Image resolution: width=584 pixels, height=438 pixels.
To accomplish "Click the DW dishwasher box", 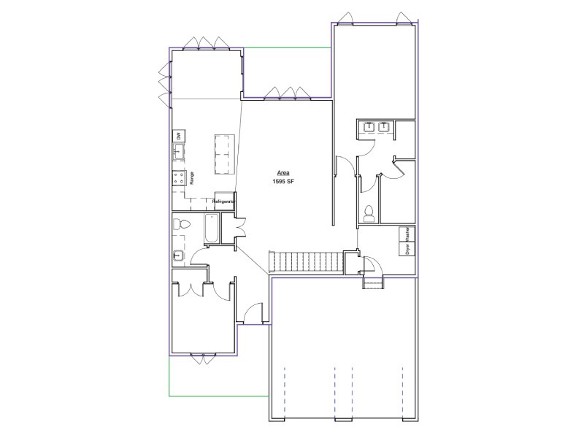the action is pos(179,136).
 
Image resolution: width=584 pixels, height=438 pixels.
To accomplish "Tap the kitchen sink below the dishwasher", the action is pos(178,152).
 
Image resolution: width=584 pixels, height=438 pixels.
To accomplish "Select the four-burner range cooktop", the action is pos(179,177).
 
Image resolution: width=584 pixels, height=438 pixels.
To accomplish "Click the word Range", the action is pos(192,177).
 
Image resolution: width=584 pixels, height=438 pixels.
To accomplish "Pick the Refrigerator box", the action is pos(225,201).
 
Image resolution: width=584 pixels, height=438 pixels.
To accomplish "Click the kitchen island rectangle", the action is pos(225,155).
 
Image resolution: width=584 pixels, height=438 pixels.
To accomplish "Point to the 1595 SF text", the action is pos(283,182).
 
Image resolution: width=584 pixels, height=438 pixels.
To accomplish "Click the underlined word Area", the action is pos(283,173).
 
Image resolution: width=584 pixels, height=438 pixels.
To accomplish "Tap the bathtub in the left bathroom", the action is pos(211,228).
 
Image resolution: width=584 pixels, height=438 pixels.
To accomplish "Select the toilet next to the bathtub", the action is pos(181,224).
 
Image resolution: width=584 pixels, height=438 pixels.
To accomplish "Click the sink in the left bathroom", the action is pos(178,255).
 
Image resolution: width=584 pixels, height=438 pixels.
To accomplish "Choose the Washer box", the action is pos(407,234).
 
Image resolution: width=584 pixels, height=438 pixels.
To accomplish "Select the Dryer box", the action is pos(407,248).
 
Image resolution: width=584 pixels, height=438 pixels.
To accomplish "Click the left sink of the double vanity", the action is pos(369,126).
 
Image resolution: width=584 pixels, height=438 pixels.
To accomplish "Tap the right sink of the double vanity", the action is pos(384,126).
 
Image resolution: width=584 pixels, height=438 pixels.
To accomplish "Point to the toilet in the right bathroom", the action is pos(369,213).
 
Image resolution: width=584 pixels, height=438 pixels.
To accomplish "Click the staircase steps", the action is pos(306,262).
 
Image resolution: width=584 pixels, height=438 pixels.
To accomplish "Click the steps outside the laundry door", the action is pos(373,283).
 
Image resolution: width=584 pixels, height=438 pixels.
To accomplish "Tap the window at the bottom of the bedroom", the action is pos(203,358).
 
